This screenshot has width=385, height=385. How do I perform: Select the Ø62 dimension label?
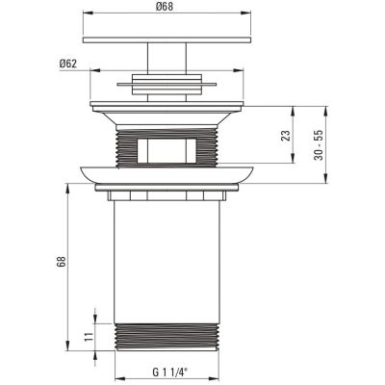click(x=67, y=64)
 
